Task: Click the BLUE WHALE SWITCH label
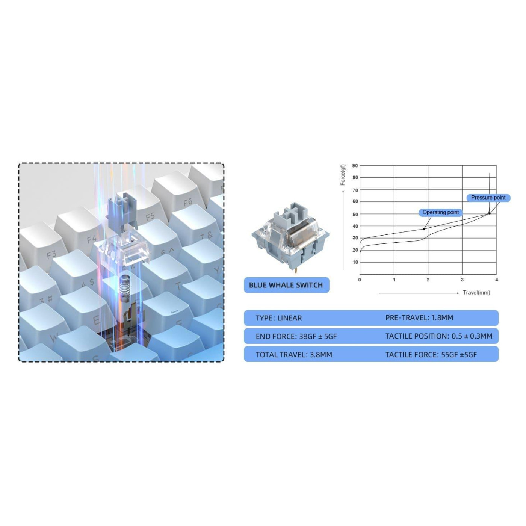coord(286,285)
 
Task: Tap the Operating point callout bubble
coord(440,212)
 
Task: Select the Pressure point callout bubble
coord(488,198)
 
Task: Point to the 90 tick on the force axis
coord(355,166)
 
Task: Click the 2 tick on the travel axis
coord(428,280)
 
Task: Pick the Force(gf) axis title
coord(343,175)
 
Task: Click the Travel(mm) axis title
coord(476,293)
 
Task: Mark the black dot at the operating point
coord(424,229)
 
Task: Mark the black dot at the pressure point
coord(489,213)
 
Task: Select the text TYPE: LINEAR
coord(279,318)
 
